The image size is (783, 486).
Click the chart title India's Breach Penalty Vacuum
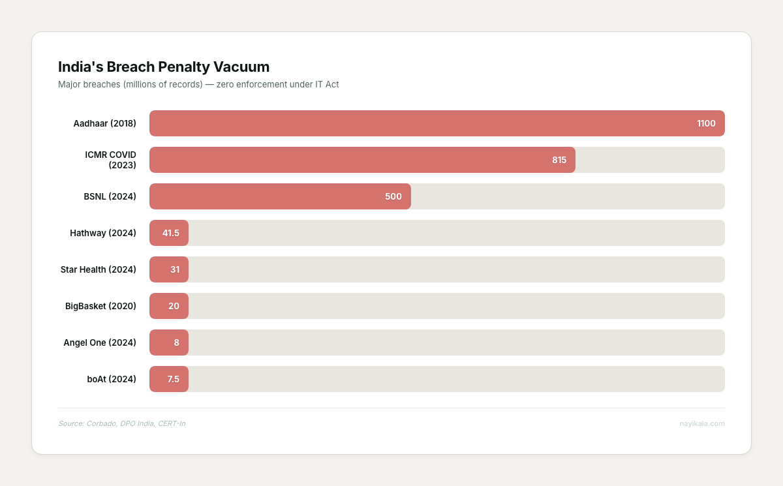coord(164,67)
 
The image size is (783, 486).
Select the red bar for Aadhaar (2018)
coord(424,123)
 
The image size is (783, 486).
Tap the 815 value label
coord(559,160)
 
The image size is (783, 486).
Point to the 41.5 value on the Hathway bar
coord(171,233)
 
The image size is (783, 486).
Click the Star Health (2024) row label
coord(98,269)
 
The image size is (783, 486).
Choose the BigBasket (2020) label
coord(100,306)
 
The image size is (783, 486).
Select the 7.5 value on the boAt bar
coord(173,379)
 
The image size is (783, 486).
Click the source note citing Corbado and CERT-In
coord(121,423)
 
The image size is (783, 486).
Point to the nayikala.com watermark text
coord(701,423)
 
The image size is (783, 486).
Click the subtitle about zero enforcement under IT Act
coord(198,84)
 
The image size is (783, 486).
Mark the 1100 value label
coord(706,123)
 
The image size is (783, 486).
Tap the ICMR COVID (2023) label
coord(110,160)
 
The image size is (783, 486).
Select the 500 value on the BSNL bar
coord(393,196)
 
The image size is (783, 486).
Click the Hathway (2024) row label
coord(103,233)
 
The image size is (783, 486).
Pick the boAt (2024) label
coord(112,379)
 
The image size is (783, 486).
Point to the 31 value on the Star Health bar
coord(175,269)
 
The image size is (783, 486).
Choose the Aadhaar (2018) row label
coord(104,123)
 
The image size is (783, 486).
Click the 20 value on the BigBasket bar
coord(174,306)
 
